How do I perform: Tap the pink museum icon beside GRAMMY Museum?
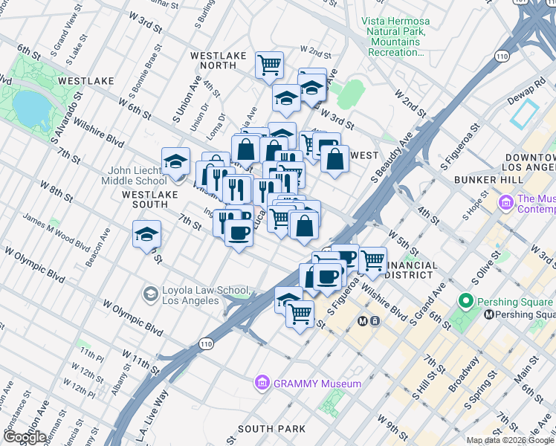click(x=262, y=384)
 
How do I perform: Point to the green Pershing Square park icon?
click(x=466, y=302)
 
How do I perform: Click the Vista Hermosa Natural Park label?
click(x=394, y=37)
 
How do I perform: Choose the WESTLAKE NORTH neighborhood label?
click(x=213, y=61)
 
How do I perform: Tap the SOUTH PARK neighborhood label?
click(x=271, y=429)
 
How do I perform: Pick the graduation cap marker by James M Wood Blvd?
click(x=146, y=234)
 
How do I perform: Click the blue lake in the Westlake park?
click(x=28, y=109)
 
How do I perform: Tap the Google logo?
click(x=24, y=437)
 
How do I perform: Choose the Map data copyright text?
click(x=511, y=440)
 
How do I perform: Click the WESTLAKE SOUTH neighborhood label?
click(x=140, y=199)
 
